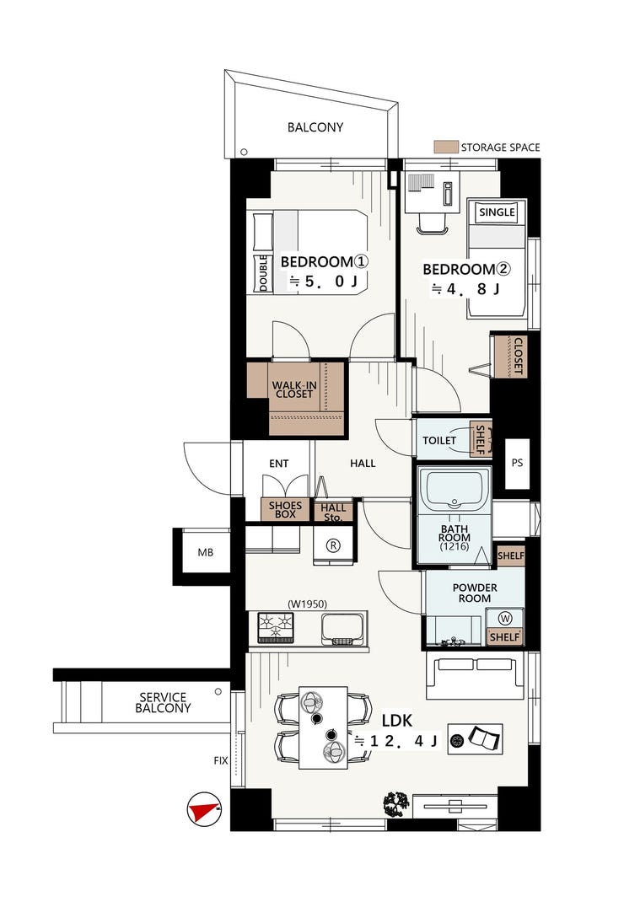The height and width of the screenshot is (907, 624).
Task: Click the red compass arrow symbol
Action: (203, 808)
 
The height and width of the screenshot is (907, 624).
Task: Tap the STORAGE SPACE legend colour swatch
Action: (446, 147)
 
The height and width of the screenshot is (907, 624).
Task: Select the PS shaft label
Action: (518, 463)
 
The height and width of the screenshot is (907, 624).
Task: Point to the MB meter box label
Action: (206, 552)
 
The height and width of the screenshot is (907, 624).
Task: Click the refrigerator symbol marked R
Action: (333, 545)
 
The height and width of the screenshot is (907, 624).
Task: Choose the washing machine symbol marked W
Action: (505, 619)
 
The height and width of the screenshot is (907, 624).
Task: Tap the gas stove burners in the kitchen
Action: (275, 628)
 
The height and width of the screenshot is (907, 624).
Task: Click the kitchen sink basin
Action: (342, 629)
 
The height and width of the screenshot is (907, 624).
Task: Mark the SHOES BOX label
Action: (285, 510)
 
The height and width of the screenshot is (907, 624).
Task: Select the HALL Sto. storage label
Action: (333, 513)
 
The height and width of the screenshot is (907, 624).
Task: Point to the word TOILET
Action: (439, 440)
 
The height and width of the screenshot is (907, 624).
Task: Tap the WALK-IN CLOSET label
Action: (294, 389)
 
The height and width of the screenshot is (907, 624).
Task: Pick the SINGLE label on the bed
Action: (497, 212)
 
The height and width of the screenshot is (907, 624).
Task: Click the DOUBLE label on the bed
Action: (263, 272)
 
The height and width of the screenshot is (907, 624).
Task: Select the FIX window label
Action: (221, 760)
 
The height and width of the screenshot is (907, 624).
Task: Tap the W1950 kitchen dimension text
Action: (308, 604)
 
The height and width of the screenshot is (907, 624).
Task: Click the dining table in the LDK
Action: (324, 727)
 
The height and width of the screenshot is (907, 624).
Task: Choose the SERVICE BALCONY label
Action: (163, 702)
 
